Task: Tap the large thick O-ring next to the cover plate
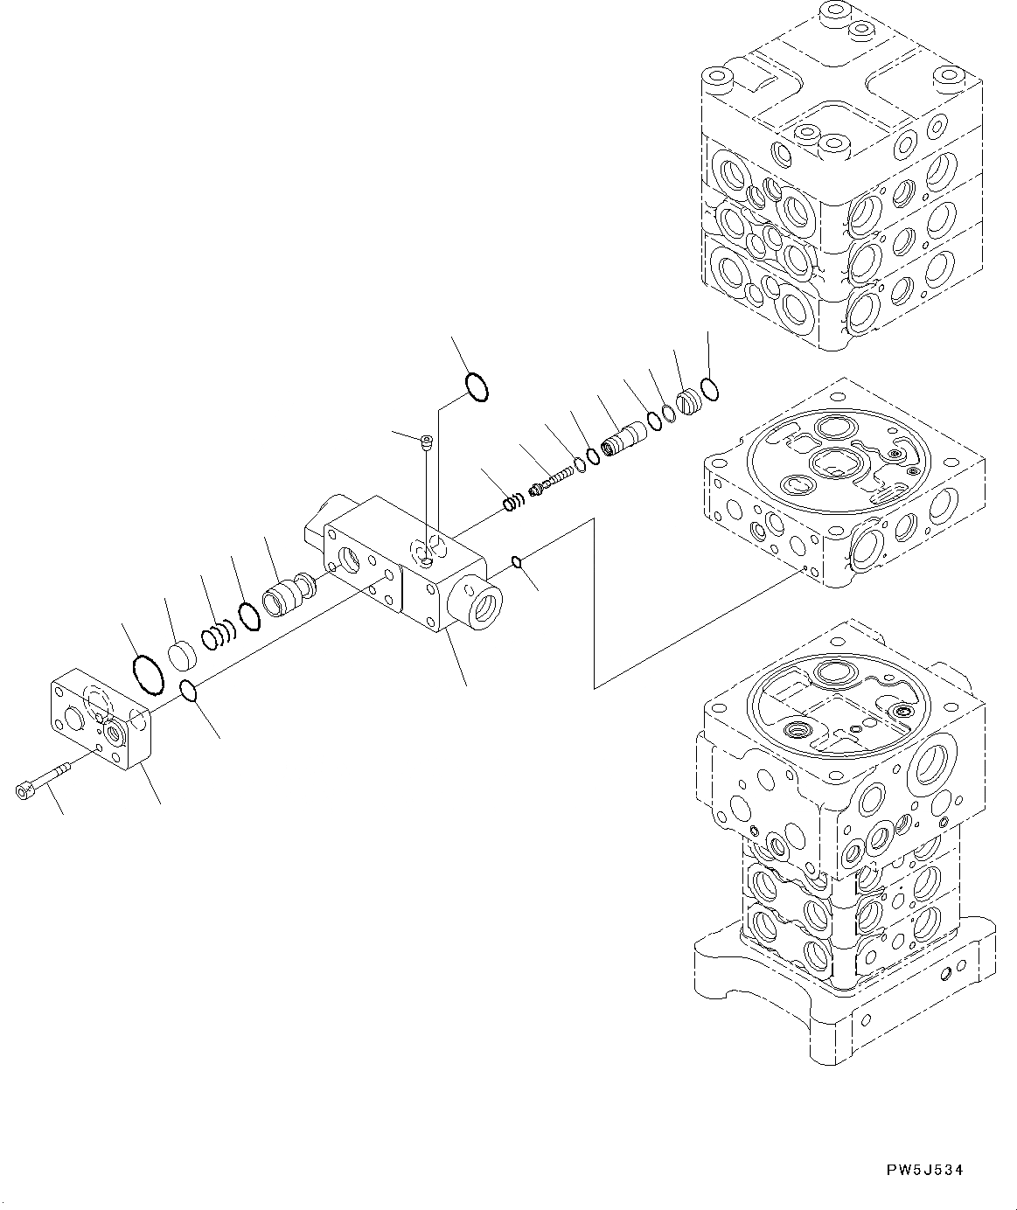pyautogui.click(x=147, y=674)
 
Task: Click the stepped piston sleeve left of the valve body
pyautogui.click(x=288, y=599)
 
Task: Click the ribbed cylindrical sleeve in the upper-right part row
pyautogui.click(x=623, y=436)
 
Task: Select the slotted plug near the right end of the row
pyautogui.click(x=690, y=403)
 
